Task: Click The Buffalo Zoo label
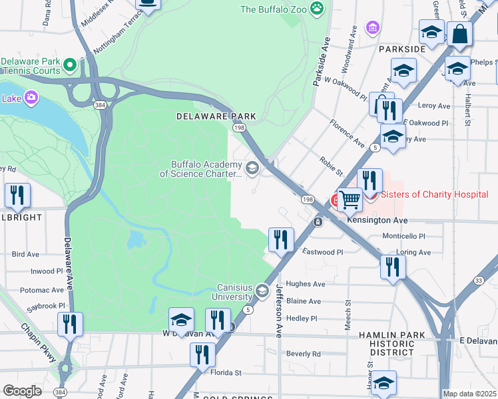274,9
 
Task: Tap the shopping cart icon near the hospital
350,198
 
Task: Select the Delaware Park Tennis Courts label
30,65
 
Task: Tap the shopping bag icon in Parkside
459,33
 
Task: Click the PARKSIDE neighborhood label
401,49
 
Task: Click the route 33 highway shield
479,281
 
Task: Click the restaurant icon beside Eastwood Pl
281,239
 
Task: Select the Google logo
23,391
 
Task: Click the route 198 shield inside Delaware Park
239,127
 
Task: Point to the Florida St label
226,373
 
